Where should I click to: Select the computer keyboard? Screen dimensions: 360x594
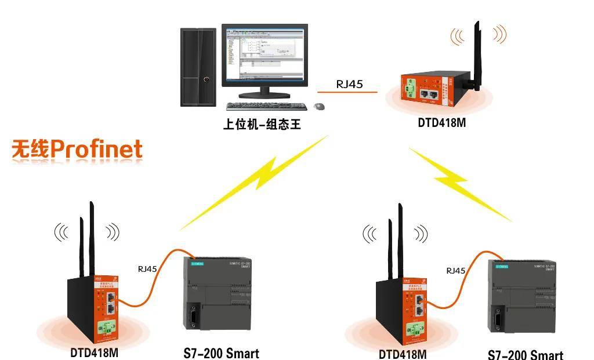pyautogui.click(x=266, y=106)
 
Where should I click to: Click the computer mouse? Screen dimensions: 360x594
pyautogui.click(x=319, y=106)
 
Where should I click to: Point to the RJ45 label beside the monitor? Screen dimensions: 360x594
pyautogui.click(x=349, y=84)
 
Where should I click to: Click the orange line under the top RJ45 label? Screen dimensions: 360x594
pyautogui.click(x=347, y=92)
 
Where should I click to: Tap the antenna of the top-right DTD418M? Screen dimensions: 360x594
pyautogui.click(x=476, y=55)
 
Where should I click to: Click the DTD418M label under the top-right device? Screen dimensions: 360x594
pyautogui.click(x=442, y=123)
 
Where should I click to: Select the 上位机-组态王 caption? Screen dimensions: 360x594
pyautogui.click(x=262, y=124)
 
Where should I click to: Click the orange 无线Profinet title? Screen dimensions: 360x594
pyautogui.click(x=77, y=150)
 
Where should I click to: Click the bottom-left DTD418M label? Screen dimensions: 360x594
pyautogui.click(x=95, y=352)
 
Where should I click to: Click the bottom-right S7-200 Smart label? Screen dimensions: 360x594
pyautogui.click(x=525, y=354)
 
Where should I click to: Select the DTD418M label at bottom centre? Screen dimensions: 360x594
pyautogui.click(x=403, y=353)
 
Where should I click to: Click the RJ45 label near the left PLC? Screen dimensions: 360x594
pyautogui.click(x=147, y=269)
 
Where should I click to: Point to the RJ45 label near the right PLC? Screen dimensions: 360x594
pyautogui.click(x=456, y=270)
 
